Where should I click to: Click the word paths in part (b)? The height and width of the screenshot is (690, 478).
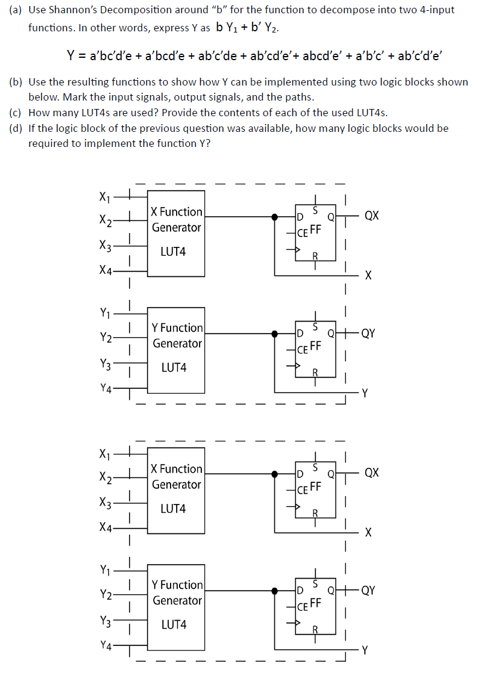(298, 97)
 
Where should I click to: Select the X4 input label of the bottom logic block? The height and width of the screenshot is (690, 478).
(105, 527)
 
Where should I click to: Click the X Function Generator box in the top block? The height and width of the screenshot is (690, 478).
(176, 235)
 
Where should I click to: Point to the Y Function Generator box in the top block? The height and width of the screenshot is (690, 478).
(176, 350)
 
